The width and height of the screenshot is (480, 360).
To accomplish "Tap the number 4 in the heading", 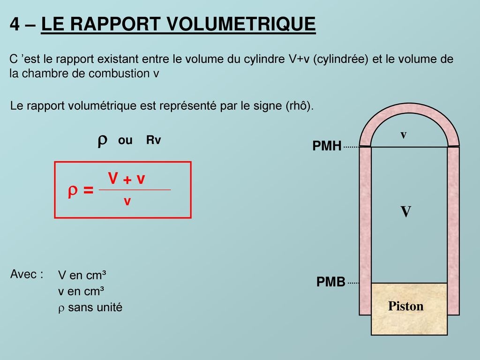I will click(x=15, y=25).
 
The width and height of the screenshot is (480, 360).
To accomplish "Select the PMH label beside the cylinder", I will click(x=327, y=147).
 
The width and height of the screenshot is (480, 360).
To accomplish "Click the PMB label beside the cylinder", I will click(x=331, y=282).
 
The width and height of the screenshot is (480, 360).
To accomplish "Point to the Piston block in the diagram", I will click(x=406, y=307).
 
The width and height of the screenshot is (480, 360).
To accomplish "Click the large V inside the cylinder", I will click(x=406, y=212).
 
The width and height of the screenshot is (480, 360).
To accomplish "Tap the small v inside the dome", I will click(x=403, y=135).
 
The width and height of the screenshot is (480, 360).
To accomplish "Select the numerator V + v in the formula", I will click(x=127, y=179).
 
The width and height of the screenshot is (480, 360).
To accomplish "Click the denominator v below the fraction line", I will click(x=127, y=202).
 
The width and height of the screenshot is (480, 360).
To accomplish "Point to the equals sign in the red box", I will click(x=88, y=191).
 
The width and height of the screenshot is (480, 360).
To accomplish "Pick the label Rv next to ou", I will click(x=153, y=141).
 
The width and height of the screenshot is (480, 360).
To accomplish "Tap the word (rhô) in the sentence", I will click(x=298, y=106).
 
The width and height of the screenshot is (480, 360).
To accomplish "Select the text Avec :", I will click(x=26, y=274).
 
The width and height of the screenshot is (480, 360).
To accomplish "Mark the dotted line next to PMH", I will click(x=351, y=147).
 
